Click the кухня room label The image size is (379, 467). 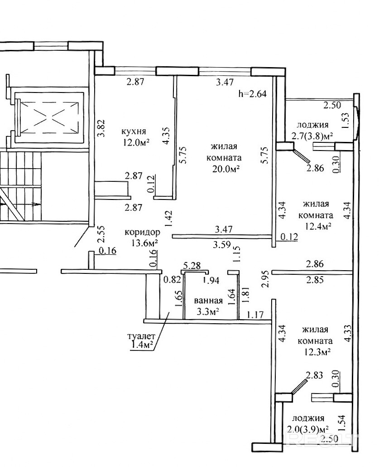click(133, 131)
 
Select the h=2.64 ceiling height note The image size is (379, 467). click(252, 94)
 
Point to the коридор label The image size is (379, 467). click(142, 232)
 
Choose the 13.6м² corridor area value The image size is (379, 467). click(144, 243)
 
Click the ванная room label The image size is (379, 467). click(208, 301)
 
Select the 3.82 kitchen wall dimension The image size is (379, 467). click(102, 128)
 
